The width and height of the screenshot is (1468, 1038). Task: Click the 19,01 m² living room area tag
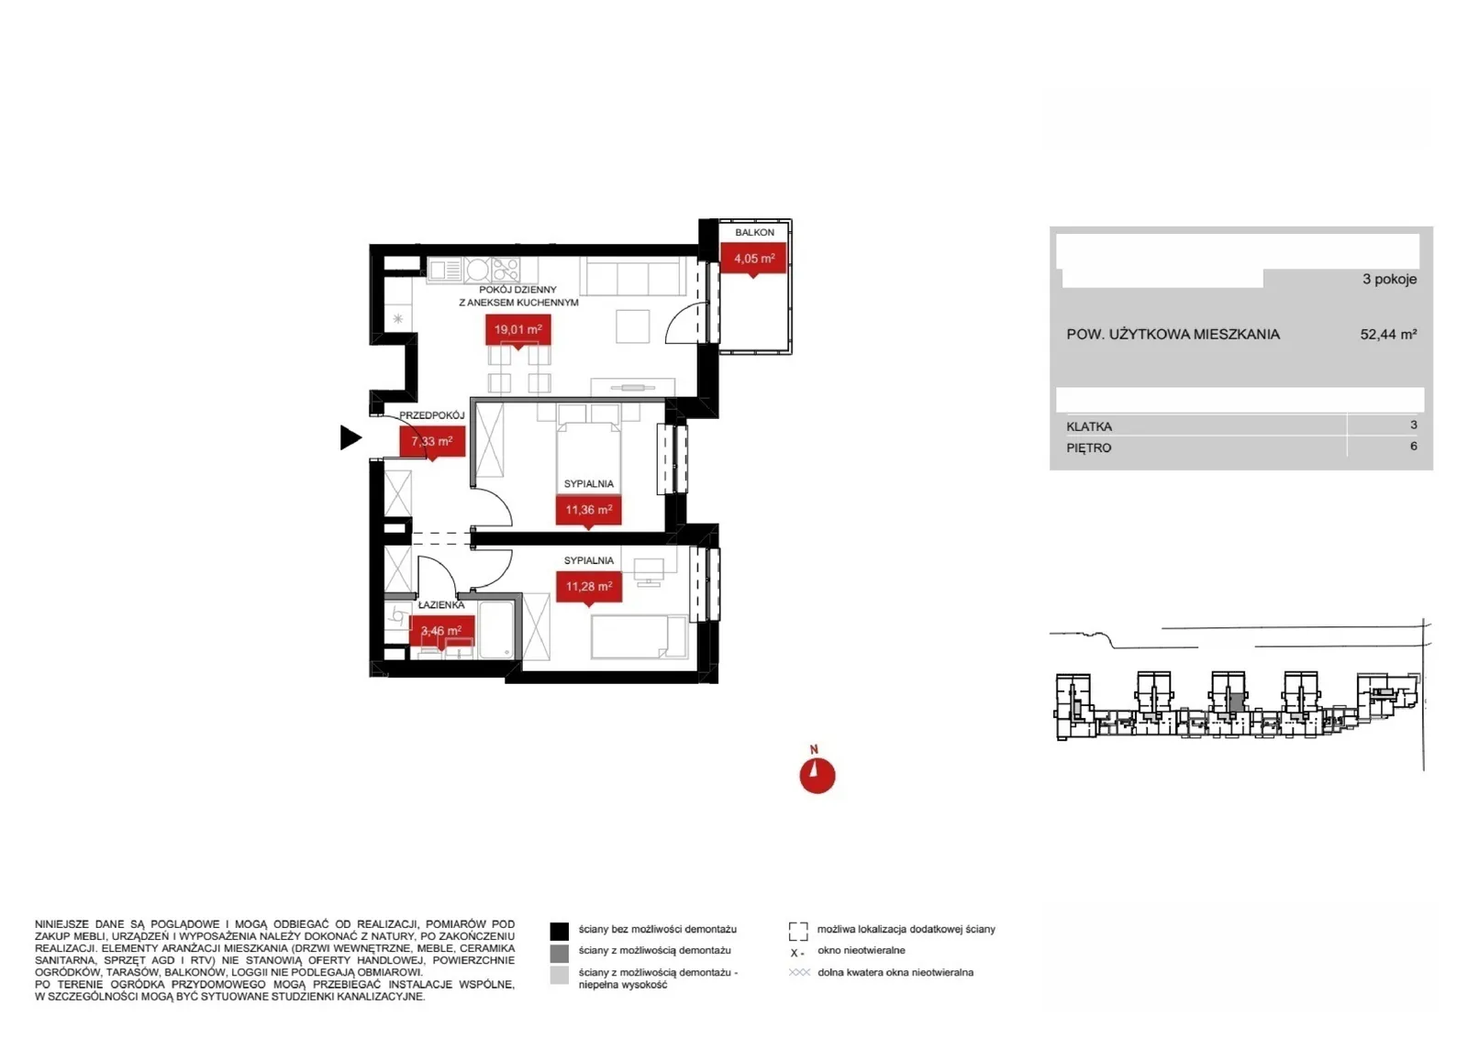517,330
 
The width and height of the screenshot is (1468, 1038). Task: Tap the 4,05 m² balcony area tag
753,259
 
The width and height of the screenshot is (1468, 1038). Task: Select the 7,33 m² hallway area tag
432,441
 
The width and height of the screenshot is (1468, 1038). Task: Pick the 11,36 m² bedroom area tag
588,510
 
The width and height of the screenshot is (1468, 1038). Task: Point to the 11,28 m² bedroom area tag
588,586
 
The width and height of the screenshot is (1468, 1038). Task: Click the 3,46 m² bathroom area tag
441,631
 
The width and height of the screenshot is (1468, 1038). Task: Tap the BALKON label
754,233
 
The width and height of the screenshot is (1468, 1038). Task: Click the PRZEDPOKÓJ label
432,415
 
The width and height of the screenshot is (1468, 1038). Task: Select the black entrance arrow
350,437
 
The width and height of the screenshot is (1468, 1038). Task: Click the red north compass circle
817,776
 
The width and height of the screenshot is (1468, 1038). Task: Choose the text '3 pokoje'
1389,280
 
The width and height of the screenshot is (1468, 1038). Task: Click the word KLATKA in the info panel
1089,427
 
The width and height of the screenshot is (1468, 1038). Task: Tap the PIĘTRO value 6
1414,446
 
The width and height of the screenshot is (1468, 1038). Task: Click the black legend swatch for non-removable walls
559,932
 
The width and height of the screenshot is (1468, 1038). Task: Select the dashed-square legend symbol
798,932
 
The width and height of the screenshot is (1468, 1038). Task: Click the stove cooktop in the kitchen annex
506,270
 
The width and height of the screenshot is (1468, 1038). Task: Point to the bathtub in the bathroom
496,630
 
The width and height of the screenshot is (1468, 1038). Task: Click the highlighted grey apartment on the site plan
1235,703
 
